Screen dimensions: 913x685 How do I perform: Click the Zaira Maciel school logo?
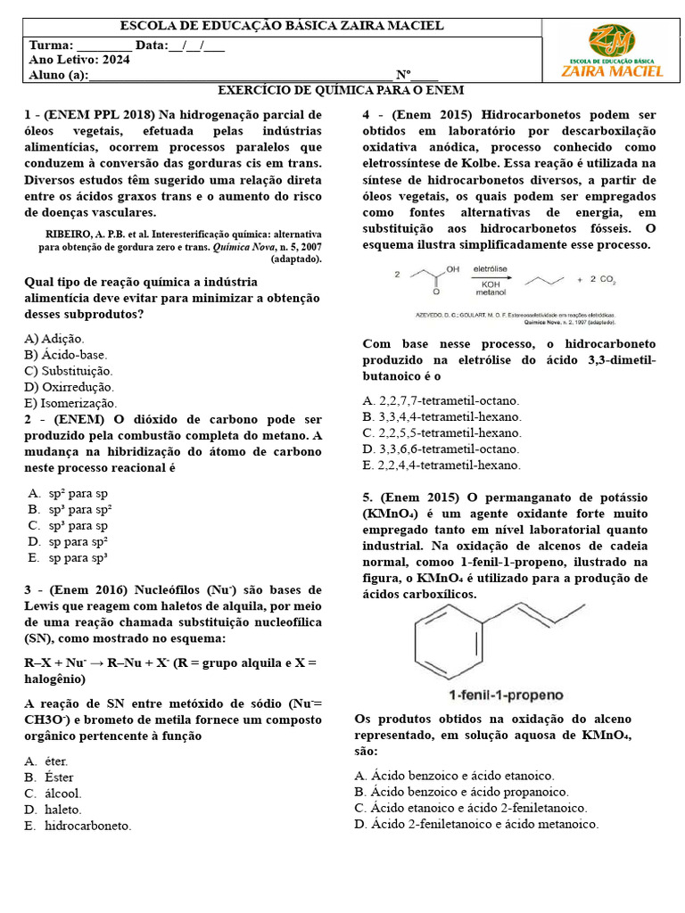(x=611, y=52)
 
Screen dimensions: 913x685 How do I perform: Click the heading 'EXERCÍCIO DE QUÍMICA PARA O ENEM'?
(x=342, y=91)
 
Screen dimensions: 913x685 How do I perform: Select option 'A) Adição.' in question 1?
(x=54, y=339)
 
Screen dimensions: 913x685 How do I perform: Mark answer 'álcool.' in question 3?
(x=62, y=793)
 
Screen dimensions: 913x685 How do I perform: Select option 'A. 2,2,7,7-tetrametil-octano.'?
(x=441, y=400)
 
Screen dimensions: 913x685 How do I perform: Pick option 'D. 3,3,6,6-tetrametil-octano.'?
(x=441, y=448)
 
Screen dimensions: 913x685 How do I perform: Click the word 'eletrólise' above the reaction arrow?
(x=490, y=267)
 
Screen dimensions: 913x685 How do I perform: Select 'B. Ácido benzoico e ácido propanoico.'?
(x=461, y=791)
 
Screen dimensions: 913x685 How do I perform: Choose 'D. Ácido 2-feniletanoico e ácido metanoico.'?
(x=476, y=823)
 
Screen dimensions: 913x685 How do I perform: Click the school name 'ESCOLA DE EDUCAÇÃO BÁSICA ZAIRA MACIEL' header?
(x=281, y=27)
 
